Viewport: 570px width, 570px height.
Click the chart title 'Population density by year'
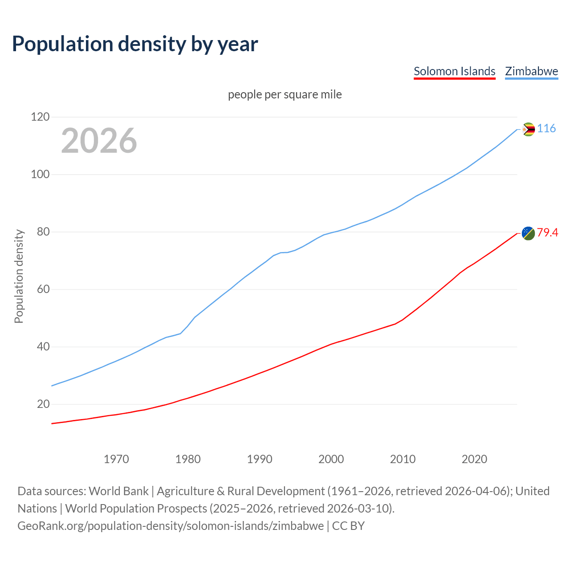(x=135, y=44)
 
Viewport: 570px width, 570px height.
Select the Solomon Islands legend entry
(x=454, y=71)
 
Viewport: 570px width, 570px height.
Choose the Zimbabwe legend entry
(x=531, y=71)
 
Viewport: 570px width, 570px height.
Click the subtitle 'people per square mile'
(x=285, y=94)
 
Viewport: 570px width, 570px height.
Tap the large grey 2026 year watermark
(x=99, y=141)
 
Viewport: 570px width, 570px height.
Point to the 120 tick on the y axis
(x=40, y=117)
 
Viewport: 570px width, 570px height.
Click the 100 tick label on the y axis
(x=40, y=175)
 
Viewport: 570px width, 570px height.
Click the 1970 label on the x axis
(x=116, y=459)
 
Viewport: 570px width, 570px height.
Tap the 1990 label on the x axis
(x=260, y=459)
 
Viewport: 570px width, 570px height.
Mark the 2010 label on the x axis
(x=403, y=459)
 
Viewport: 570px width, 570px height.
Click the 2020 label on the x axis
(x=474, y=459)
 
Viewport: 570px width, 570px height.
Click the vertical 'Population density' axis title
(x=19, y=276)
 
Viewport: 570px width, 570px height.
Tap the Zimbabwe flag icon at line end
(x=528, y=130)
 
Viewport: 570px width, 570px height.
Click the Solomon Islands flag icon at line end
(x=528, y=233)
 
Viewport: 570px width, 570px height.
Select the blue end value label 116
(x=546, y=129)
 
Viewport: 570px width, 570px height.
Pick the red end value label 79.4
(x=547, y=232)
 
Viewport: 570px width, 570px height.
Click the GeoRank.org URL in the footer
(x=171, y=526)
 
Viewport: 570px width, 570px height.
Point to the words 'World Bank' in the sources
(x=118, y=491)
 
